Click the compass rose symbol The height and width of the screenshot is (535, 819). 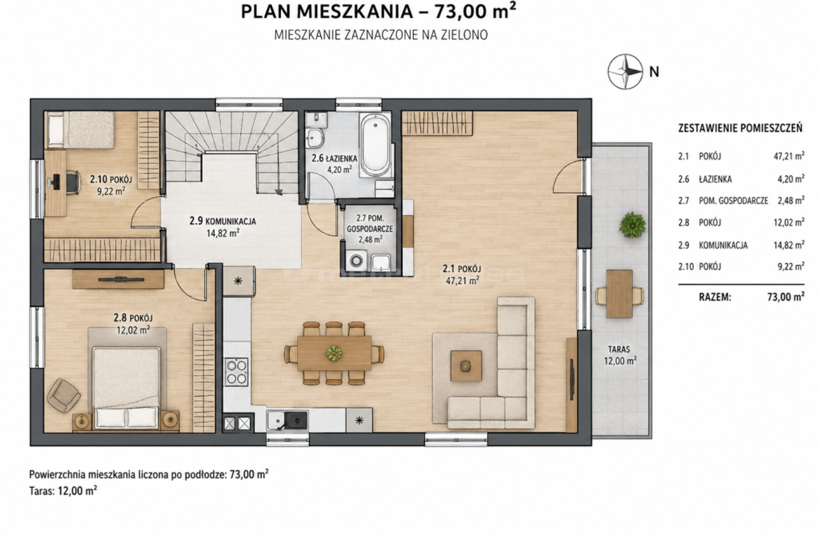tap(625, 72)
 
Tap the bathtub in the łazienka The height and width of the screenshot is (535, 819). tap(375, 145)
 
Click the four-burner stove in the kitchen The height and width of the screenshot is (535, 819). tap(236, 372)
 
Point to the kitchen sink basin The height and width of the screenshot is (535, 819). tap(296, 420)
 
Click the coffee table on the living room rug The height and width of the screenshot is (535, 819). tap(466, 366)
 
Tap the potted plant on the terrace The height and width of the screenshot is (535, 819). tap(632, 225)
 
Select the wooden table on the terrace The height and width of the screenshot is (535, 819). tap(619, 294)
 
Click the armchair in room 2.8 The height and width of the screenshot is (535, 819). tap(63, 395)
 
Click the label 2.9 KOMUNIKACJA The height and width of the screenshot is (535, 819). tap(222, 221)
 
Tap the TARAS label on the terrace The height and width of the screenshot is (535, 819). tap(619, 349)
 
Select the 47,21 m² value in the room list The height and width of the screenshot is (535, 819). tap(789, 156)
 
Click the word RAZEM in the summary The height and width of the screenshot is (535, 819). tap(715, 297)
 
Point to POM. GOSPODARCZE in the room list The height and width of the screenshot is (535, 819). tap(733, 201)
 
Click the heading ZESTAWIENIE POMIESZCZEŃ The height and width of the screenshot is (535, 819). tap(740, 128)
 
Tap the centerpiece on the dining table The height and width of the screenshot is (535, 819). tap(334, 353)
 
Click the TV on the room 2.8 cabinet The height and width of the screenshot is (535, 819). tap(121, 279)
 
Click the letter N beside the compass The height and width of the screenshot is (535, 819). tap(654, 72)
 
